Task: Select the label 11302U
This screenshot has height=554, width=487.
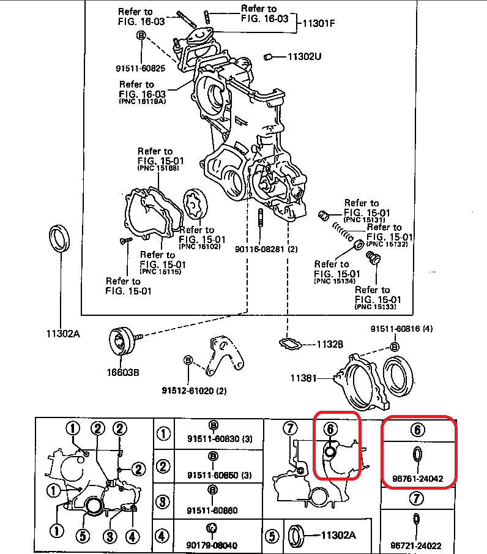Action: pyautogui.click(x=305, y=57)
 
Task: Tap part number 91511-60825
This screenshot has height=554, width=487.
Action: pyautogui.click(x=140, y=68)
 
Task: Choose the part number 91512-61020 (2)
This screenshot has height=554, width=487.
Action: pyautogui.click(x=194, y=390)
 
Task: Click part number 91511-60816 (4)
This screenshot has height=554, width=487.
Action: pyautogui.click(x=401, y=329)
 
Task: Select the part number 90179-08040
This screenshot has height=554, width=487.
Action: pyautogui.click(x=212, y=545)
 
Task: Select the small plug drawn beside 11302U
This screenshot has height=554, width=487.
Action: pyautogui.click(x=267, y=57)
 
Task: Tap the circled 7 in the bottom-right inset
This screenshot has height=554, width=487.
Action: pyautogui.click(x=290, y=428)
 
